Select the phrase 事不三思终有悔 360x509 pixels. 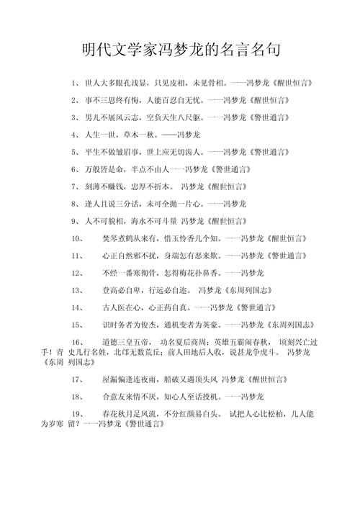[x=114, y=101]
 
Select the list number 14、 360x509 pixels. [x=78, y=308]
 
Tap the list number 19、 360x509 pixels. [x=78, y=414]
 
